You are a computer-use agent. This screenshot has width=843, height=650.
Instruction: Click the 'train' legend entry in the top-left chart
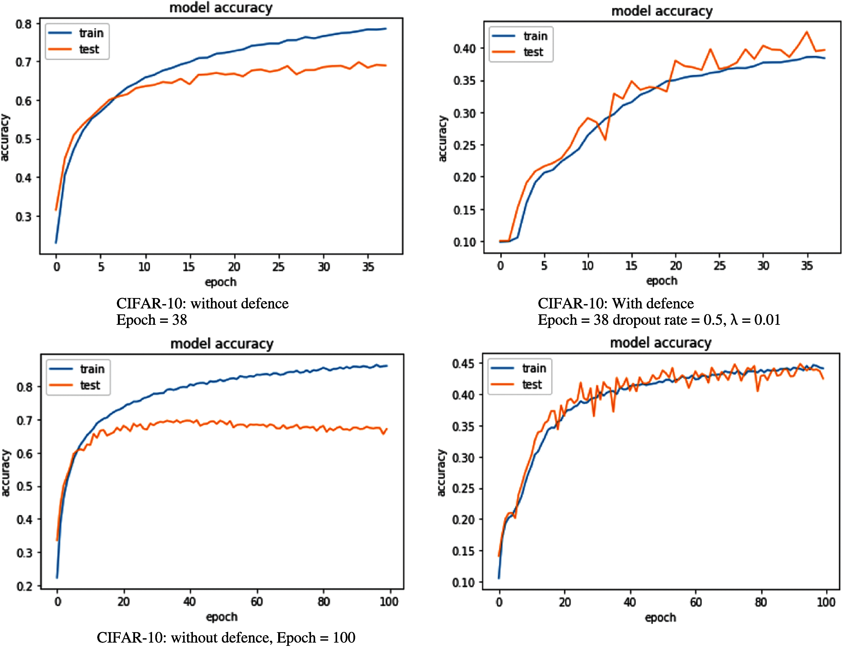click(x=91, y=33)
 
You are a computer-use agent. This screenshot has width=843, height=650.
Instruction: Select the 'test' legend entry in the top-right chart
click(x=533, y=52)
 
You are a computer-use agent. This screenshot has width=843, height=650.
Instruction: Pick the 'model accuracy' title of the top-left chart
click(x=221, y=8)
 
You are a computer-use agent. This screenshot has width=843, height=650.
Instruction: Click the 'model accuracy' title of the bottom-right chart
click(x=661, y=343)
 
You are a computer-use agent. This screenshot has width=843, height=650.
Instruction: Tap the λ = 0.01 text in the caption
click(x=755, y=320)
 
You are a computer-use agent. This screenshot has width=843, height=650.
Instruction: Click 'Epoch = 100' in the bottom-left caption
click(x=316, y=638)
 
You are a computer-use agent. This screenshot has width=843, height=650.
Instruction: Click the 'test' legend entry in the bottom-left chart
click(x=90, y=385)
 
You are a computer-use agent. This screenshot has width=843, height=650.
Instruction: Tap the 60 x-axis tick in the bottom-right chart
click(x=696, y=602)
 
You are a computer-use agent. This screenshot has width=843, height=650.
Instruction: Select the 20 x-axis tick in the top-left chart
click(x=234, y=267)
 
